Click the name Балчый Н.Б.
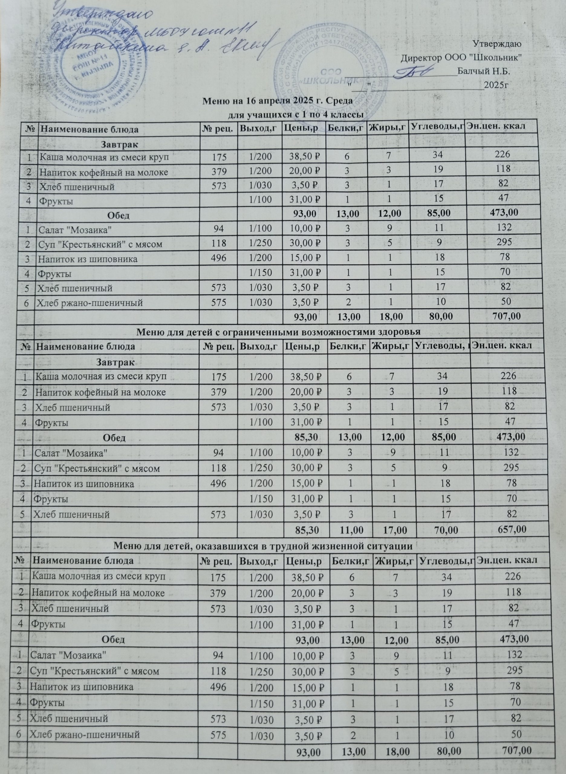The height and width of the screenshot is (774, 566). [483, 72]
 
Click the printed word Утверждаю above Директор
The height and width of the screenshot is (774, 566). [497, 44]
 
